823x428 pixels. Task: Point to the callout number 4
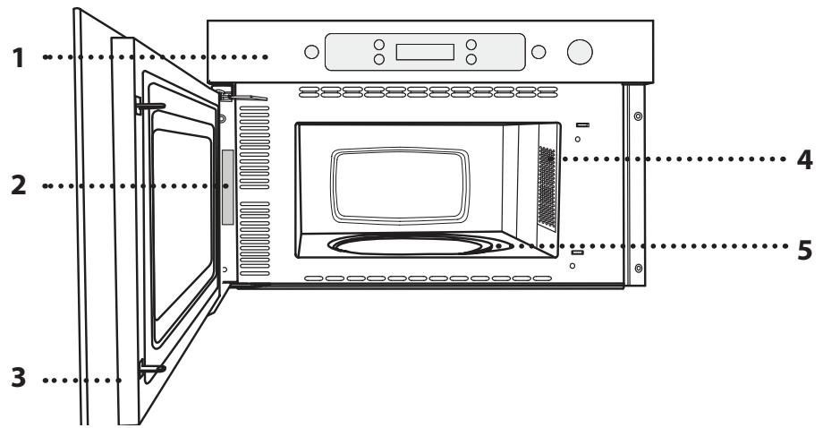804,160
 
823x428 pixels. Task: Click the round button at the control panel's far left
310,52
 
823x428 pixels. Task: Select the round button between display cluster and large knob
538,52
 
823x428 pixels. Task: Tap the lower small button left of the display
378,60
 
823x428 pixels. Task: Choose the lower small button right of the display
471,60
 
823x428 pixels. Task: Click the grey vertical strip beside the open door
227,187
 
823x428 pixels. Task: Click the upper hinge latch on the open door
148,104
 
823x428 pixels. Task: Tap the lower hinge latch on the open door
150,366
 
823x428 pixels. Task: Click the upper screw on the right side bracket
637,117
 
